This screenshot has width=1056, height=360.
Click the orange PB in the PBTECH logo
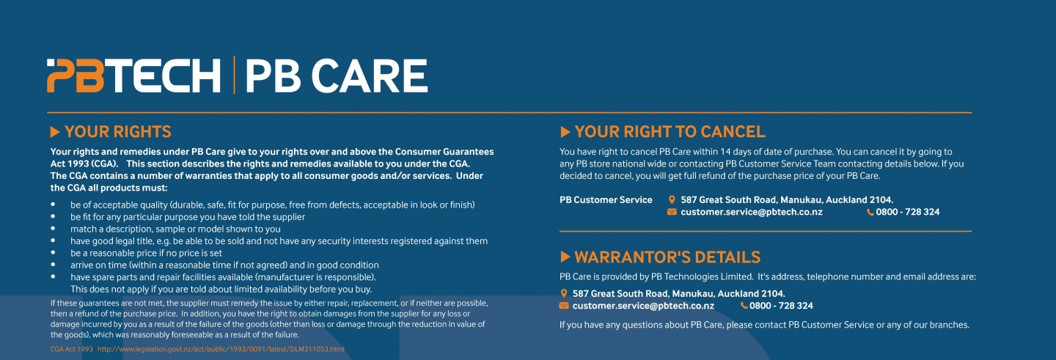[x=75, y=76]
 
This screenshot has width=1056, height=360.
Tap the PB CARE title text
[x=336, y=76]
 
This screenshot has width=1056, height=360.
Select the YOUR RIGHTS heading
[x=117, y=132]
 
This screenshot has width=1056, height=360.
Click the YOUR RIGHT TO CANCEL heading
[x=670, y=132]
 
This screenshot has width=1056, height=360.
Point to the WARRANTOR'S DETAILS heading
[x=667, y=257]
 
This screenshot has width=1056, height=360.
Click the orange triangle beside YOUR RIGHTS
[x=55, y=132]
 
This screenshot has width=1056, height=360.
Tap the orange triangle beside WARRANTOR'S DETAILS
[x=565, y=257]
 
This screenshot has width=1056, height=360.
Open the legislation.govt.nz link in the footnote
[x=221, y=349]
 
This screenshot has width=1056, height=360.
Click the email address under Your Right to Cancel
[x=751, y=212]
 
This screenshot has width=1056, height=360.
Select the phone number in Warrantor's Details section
[x=781, y=306]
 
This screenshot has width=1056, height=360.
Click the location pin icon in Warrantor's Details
[x=563, y=293]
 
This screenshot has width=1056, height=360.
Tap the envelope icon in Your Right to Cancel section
[x=672, y=212]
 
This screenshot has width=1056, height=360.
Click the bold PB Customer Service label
[x=606, y=199]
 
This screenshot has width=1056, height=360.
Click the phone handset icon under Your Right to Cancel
[x=870, y=212]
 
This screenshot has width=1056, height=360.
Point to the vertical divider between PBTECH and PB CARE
[x=234, y=75]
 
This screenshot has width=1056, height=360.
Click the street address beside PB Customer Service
[x=786, y=199]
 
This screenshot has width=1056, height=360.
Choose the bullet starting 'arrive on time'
[x=224, y=265]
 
